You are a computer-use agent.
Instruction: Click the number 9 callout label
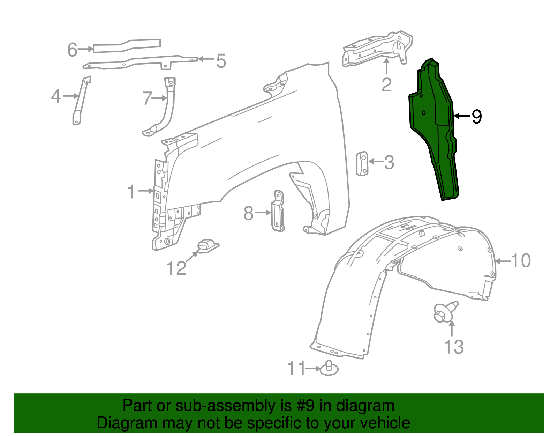(x=477, y=116)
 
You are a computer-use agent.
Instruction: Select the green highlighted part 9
(x=432, y=126)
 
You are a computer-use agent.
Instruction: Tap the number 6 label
(x=72, y=50)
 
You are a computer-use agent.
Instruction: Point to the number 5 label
(x=221, y=61)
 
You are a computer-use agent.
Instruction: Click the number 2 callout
(x=386, y=85)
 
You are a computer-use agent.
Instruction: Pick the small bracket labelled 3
(x=362, y=163)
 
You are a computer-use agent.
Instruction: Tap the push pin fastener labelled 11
(x=329, y=369)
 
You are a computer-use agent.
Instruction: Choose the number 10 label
(x=521, y=261)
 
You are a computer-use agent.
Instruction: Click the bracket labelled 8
(x=278, y=212)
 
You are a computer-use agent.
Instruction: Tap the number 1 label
(x=131, y=192)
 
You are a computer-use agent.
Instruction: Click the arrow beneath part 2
(x=386, y=66)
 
